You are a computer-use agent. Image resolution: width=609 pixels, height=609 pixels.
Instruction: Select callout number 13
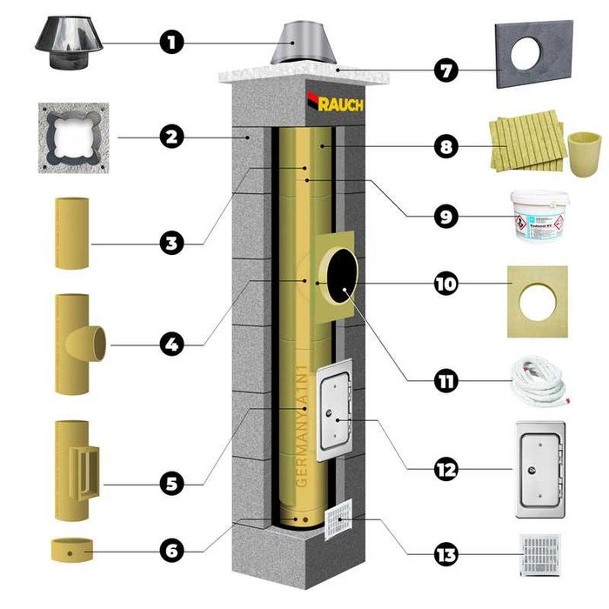click(x=446, y=554)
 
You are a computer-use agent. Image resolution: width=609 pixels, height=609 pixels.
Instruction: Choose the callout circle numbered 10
click(x=446, y=284)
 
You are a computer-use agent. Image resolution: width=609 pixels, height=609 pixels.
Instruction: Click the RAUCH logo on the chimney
click(x=336, y=104)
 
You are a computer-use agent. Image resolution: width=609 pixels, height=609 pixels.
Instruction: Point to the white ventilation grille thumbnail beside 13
click(x=539, y=554)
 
